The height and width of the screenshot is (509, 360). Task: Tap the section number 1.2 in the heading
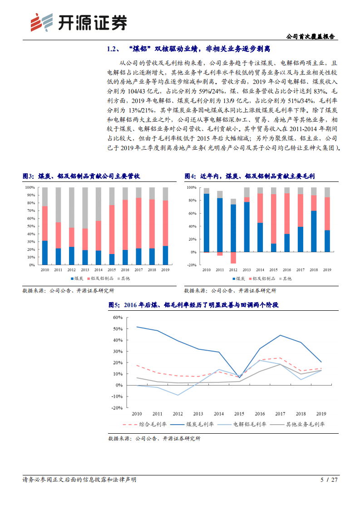pos(112,49)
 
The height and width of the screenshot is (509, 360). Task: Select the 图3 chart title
pos(81,176)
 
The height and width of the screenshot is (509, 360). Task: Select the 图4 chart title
pos(249,176)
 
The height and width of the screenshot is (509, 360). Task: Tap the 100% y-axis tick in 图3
pos(30,187)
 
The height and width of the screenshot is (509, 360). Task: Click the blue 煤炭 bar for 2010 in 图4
pos(207,223)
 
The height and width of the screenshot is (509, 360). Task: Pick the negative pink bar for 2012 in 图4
pos(233,258)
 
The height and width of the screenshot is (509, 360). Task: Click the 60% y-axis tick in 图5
pos(117,318)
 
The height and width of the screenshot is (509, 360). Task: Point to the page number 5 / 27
pos(329,480)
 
